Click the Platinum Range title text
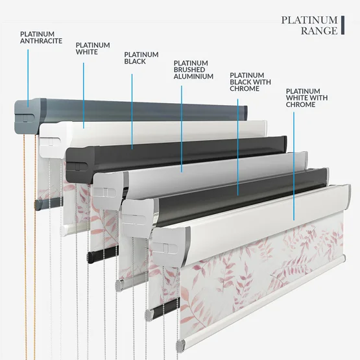tap(309, 25)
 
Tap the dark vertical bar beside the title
tap(342, 25)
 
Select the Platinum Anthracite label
tap(41, 38)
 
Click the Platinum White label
tap(93, 49)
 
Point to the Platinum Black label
tap(141, 58)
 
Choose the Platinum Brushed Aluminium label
tap(193, 70)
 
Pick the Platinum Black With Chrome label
tap(250, 82)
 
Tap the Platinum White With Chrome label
tap(307, 98)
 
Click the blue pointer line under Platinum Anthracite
tap(28, 78)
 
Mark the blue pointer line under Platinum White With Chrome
tap(294, 166)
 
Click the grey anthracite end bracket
tap(27, 116)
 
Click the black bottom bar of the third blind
tap(103, 254)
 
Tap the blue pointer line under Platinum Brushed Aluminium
tap(182, 129)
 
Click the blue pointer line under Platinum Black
tap(132, 112)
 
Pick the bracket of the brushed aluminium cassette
tap(109, 191)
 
